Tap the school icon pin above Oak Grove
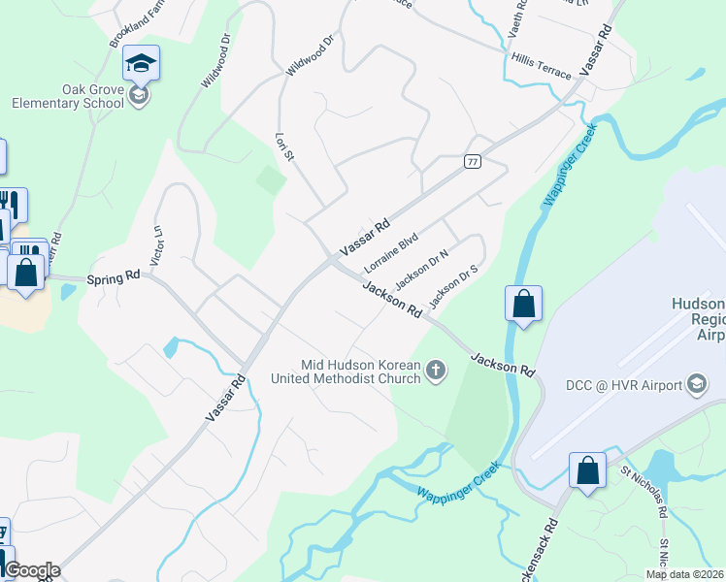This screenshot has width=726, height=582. (x=141, y=64)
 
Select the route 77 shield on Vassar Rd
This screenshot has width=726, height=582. (x=473, y=161)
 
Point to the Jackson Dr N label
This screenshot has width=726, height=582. (x=422, y=269)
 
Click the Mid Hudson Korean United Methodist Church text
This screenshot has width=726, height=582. (x=361, y=372)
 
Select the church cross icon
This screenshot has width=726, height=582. (x=437, y=369)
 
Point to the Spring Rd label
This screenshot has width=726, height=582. (x=114, y=277)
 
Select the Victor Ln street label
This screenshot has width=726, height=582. (x=158, y=246)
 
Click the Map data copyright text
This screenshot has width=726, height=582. (x=684, y=574)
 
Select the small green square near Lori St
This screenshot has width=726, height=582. (x=271, y=179)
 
